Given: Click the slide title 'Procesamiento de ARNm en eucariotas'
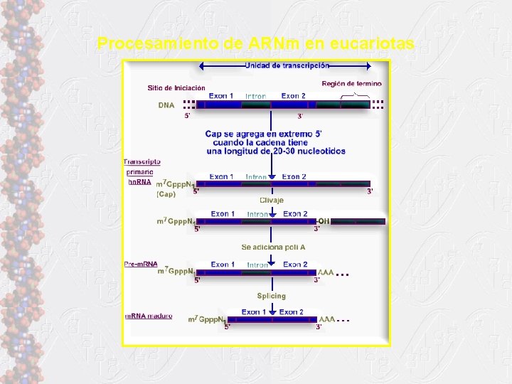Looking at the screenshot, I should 256,44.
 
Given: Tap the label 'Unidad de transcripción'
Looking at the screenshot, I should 287,65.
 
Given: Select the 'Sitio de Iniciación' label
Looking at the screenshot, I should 176,88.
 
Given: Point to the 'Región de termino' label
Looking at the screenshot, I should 351,83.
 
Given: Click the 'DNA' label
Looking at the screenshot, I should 166,105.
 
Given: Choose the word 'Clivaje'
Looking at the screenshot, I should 271,200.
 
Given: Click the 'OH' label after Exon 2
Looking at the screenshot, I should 324,221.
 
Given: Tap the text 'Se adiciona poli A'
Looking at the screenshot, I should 273,247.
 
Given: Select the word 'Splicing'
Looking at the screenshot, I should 271,296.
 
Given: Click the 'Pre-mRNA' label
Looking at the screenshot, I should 141,265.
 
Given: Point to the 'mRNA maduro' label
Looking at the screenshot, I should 148,316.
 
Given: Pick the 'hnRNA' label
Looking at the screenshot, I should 139,182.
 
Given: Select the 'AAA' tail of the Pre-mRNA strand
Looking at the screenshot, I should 326,272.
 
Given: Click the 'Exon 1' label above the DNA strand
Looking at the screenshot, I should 221,96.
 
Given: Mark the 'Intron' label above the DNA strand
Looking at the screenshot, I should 255,96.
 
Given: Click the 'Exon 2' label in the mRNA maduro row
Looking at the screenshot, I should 291,311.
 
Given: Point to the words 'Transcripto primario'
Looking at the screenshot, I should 142,166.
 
